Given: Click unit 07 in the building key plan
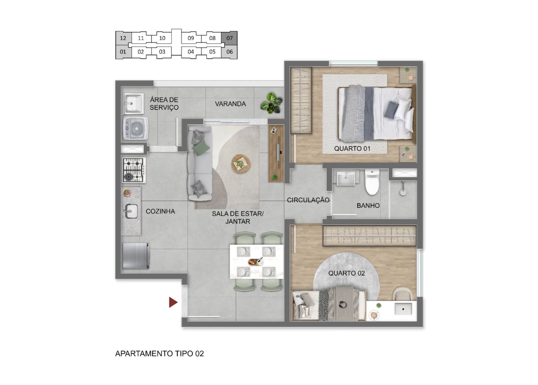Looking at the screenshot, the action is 229,38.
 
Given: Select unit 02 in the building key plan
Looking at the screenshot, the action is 141,52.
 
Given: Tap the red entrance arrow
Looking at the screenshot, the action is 173,302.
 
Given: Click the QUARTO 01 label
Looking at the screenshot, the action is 352,149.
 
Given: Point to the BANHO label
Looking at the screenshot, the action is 368,206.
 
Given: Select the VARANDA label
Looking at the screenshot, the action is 230,104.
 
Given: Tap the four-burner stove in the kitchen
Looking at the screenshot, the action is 134,170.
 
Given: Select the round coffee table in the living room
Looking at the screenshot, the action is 241,163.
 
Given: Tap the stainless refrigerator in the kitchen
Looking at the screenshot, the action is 136,256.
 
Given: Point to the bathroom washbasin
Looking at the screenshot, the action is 346,178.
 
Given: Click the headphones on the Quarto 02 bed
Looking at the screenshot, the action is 342,304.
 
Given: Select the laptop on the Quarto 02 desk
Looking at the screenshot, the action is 403,309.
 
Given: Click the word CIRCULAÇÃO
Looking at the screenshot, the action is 308,200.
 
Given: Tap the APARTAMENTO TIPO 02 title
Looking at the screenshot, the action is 159,354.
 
